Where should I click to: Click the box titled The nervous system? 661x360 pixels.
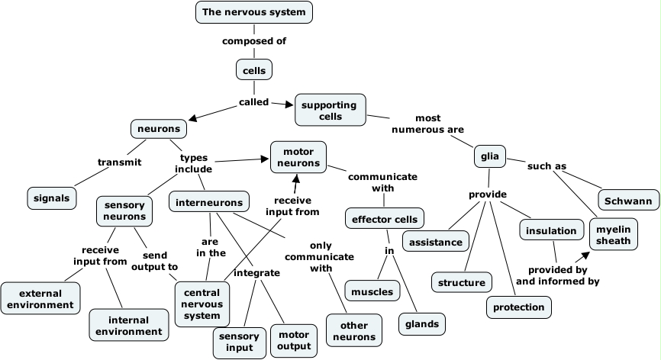[254, 12]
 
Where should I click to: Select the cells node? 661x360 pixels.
[254, 70]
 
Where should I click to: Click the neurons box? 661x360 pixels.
[159, 129]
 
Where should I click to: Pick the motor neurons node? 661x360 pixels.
[298, 157]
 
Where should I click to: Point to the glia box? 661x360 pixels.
[490, 157]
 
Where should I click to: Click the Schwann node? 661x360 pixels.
[628, 201]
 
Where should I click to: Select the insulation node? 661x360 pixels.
[551, 230]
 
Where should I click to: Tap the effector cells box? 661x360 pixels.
[384, 220]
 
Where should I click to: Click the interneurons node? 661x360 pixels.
[209, 202]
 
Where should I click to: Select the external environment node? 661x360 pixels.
[40, 299]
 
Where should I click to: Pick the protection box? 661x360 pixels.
[519, 307]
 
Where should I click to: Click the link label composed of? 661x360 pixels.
[254, 41]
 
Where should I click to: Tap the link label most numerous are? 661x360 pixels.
[427, 124]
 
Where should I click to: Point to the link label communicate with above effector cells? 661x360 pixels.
[382, 182]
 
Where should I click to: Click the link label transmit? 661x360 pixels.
[120, 162]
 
